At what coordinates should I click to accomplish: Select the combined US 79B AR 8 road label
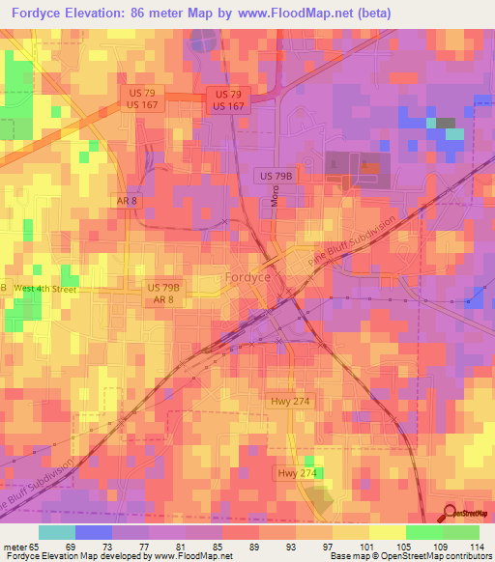point(163,295)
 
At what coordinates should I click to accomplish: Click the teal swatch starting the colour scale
point(56,532)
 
